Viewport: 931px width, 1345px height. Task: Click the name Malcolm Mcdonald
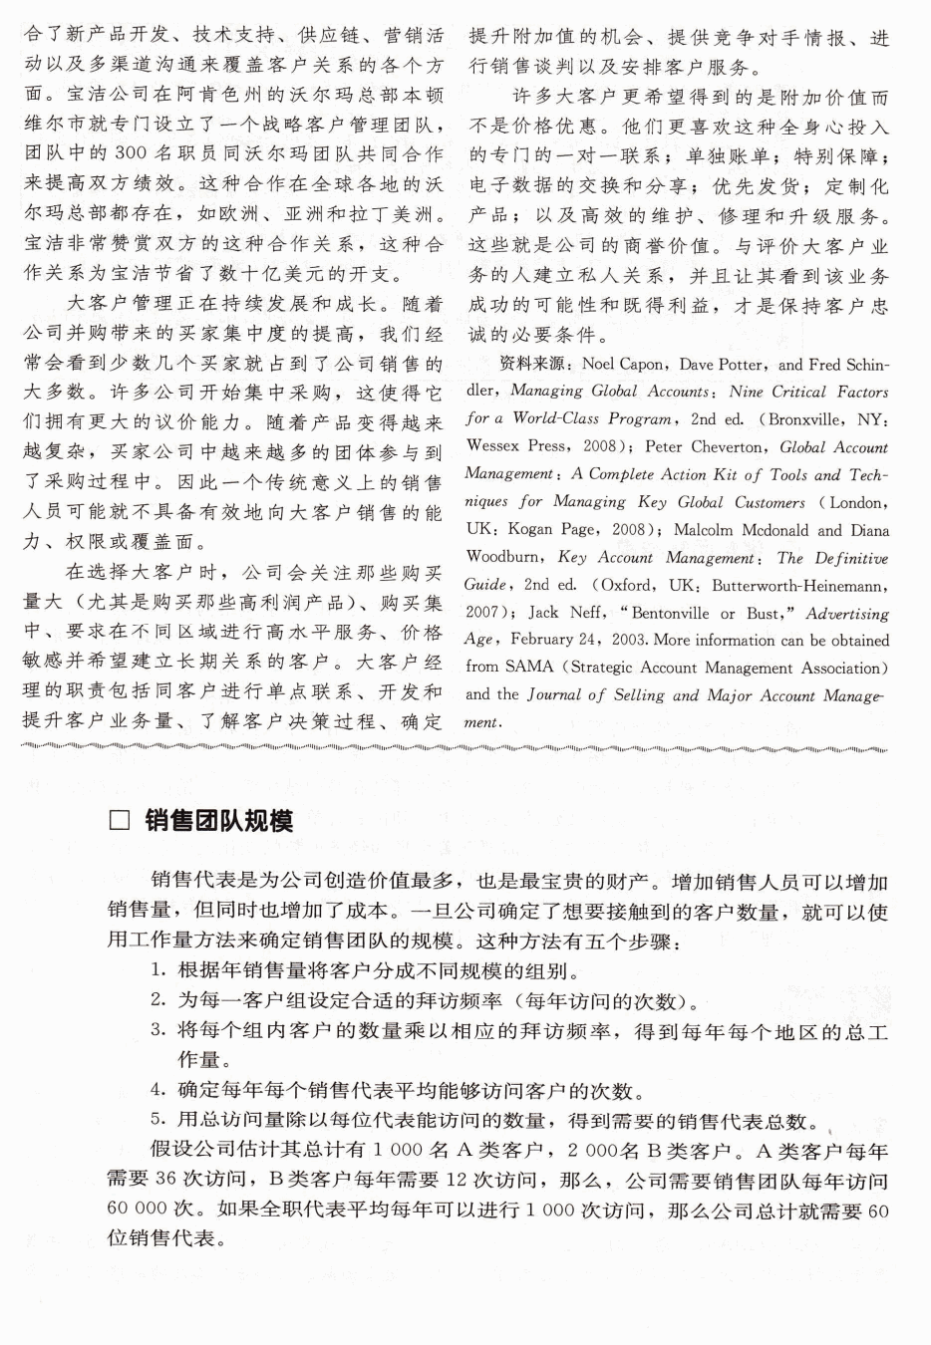(745, 530)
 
